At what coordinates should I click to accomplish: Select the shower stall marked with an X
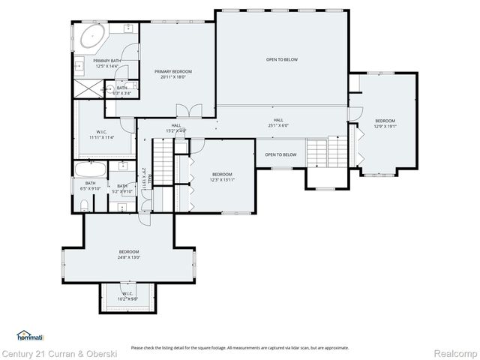click(87, 90)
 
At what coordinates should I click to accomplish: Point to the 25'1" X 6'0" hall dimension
click(277, 123)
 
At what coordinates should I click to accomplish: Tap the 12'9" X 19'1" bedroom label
click(385, 124)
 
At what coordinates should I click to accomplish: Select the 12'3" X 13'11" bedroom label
click(221, 176)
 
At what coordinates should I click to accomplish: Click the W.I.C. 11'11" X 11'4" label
click(100, 135)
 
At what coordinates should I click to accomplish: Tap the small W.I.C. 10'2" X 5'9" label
click(127, 296)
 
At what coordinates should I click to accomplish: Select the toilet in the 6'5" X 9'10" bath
click(85, 204)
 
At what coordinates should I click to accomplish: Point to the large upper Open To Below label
click(281, 59)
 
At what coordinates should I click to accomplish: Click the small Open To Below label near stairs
click(280, 154)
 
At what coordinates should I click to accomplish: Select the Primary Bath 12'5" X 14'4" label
click(107, 63)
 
